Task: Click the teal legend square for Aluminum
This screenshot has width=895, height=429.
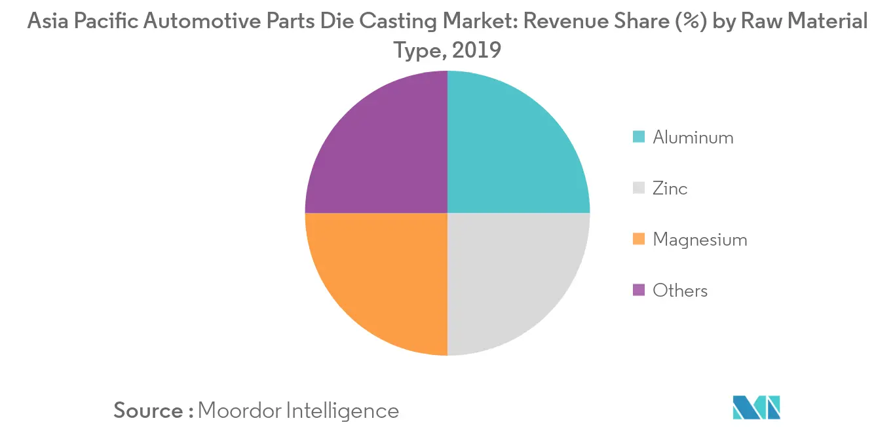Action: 639,138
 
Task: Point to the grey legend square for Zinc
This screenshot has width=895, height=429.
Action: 639,189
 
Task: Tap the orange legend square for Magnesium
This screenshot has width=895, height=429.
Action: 639,240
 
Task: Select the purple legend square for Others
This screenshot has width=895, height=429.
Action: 639,290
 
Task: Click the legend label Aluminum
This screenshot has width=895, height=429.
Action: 693,138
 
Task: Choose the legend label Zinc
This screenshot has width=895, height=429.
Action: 670,189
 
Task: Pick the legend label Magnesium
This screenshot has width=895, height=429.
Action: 700,240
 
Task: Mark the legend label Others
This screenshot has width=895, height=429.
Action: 680,290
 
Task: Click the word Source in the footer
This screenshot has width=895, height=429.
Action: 149,411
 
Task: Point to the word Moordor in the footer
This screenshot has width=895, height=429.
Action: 239,411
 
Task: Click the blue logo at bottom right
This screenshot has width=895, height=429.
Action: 757,407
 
